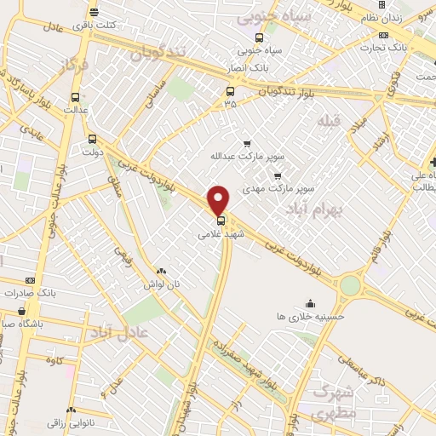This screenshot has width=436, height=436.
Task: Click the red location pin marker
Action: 219,199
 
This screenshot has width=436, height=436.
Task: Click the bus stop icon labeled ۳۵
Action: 230,92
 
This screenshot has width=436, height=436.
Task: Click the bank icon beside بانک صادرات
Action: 32,280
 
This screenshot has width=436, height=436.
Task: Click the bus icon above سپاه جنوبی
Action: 259,37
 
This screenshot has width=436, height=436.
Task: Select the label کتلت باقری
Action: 94,26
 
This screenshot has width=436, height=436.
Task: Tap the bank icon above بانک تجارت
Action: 384,35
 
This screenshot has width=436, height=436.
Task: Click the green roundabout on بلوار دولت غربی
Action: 348,287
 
